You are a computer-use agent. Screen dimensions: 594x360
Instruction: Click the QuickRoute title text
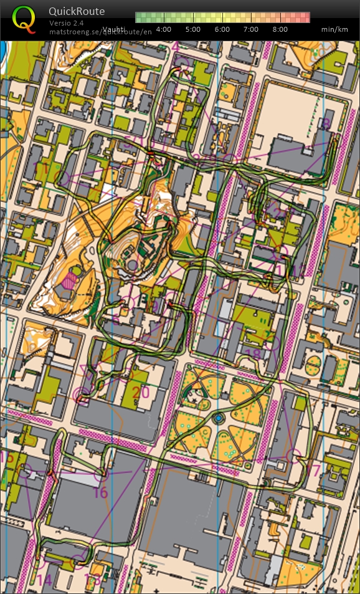[x=77, y=11]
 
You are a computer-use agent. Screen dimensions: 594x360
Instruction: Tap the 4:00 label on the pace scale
[x=164, y=29]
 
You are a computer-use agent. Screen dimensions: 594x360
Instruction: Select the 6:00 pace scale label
[x=222, y=29]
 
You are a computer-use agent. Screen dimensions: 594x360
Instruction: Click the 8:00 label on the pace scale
[x=280, y=29]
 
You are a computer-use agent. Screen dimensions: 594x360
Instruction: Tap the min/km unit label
[x=334, y=29]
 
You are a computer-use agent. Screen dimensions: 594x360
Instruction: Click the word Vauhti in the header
[x=114, y=29]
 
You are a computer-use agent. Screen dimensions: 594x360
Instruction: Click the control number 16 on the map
[x=100, y=493]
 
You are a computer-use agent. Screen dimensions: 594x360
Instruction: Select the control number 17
[x=313, y=469]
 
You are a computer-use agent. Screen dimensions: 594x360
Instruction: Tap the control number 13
[x=92, y=580]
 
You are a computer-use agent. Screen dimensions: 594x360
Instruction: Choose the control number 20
[x=141, y=392]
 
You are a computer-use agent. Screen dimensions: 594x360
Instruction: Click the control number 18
[x=253, y=355]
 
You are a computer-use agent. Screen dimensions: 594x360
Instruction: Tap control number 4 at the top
[x=176, y=47]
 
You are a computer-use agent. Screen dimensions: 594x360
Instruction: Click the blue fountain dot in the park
[x=218, y=416]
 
